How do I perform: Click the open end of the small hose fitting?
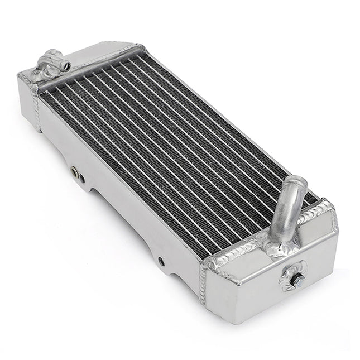coord(66,66)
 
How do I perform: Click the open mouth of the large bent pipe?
coord(296,183)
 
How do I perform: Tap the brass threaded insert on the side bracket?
coord(75,172)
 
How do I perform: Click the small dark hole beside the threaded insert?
coord(83,179)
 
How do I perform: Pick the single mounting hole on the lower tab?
coord(161,261)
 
